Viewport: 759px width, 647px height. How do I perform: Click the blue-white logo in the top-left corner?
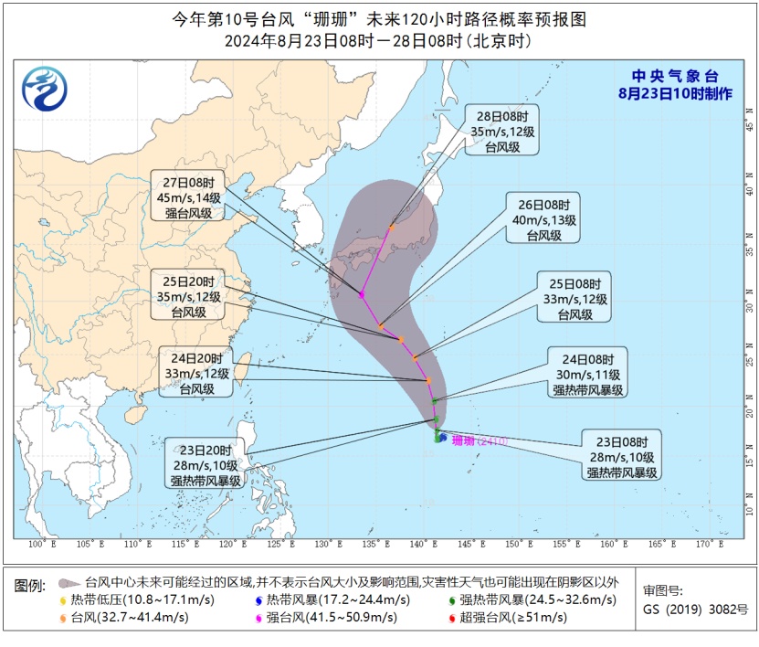tap(45, 89)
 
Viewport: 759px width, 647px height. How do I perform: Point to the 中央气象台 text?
tap(677, 77)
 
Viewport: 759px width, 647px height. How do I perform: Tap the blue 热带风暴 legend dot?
tap(258, 599)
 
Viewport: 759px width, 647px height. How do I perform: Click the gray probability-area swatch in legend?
tap(68, 581)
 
